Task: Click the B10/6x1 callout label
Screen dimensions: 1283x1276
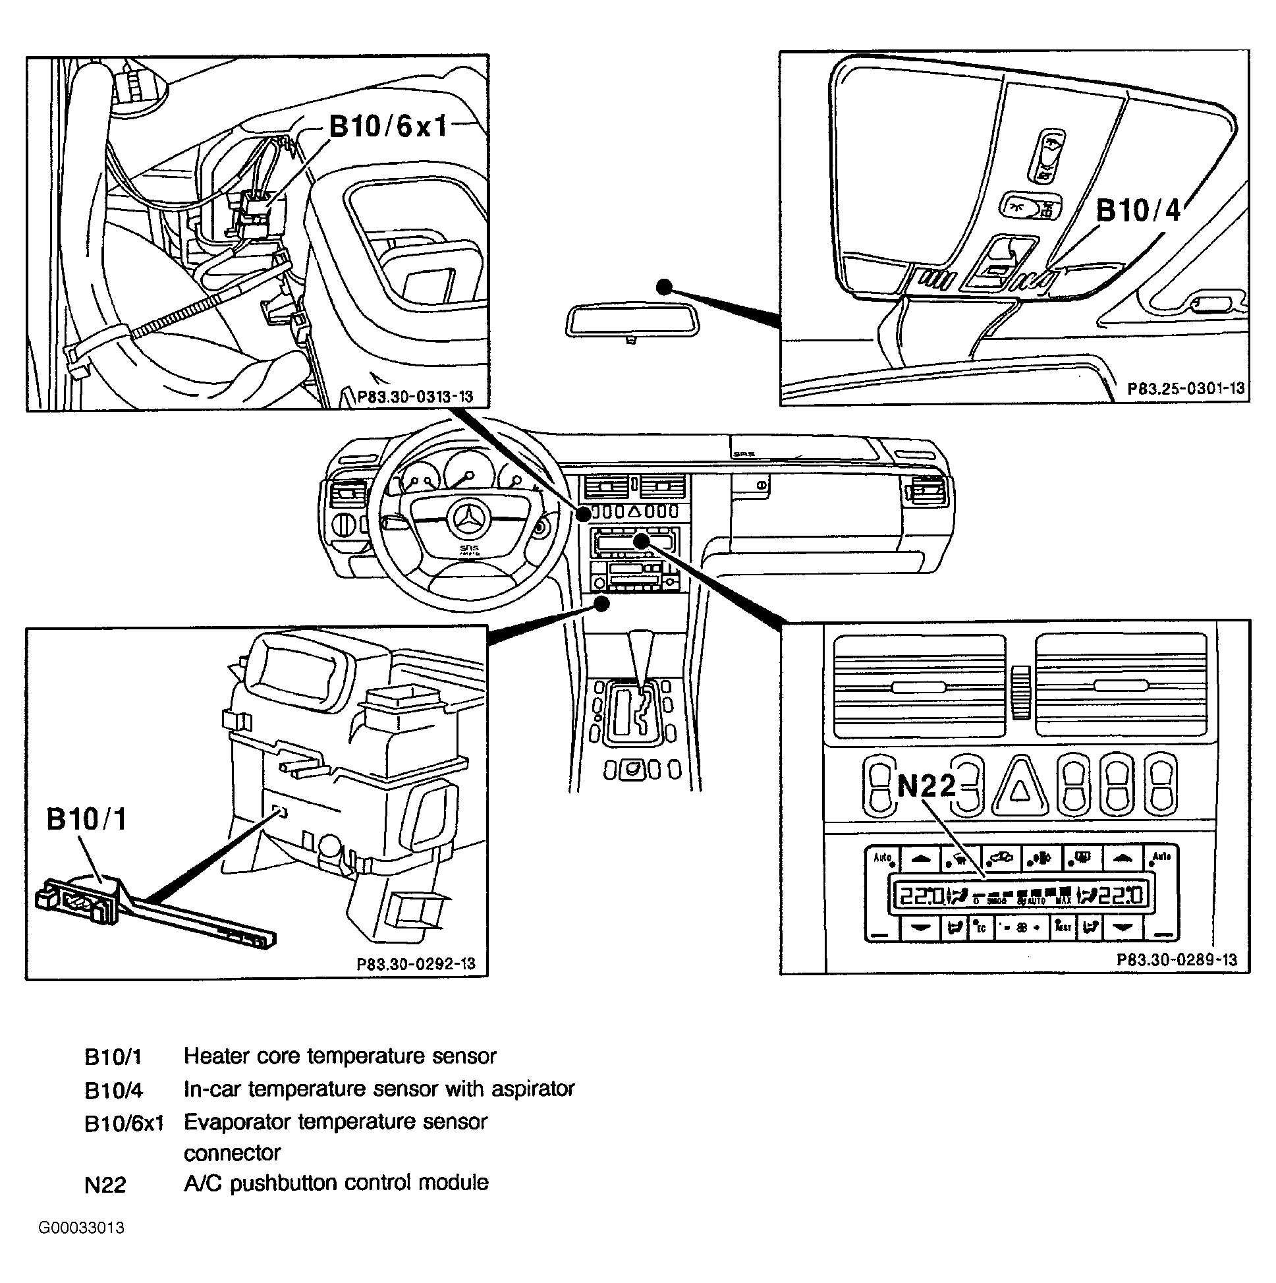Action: click(x=389, y=125)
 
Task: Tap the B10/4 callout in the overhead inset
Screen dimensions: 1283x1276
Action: click(x=1137, y=210)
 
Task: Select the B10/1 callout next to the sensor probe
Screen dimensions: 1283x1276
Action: click(x=86, y=820)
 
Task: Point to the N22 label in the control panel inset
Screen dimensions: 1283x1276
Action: click(x=926, y=786)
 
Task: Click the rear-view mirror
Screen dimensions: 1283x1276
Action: click(x=631, y=320)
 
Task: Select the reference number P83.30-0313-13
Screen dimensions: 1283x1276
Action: click(x=415, y=397)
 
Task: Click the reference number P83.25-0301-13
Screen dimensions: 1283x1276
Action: click(x=1186, y=389)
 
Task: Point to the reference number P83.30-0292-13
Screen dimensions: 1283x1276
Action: click(x=416, y=964)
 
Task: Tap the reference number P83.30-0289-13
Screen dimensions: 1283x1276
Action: click(x=1177, y=959)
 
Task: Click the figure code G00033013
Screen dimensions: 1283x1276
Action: click(x=81, y=1228)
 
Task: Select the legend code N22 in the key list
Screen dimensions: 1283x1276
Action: click(x=105, y=1185)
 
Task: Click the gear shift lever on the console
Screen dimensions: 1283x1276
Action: click(x=641, y=658)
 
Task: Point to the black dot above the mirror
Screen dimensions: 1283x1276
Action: click(x=664, y=287)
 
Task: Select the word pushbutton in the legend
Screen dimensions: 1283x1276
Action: click(x=283, y=1183)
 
